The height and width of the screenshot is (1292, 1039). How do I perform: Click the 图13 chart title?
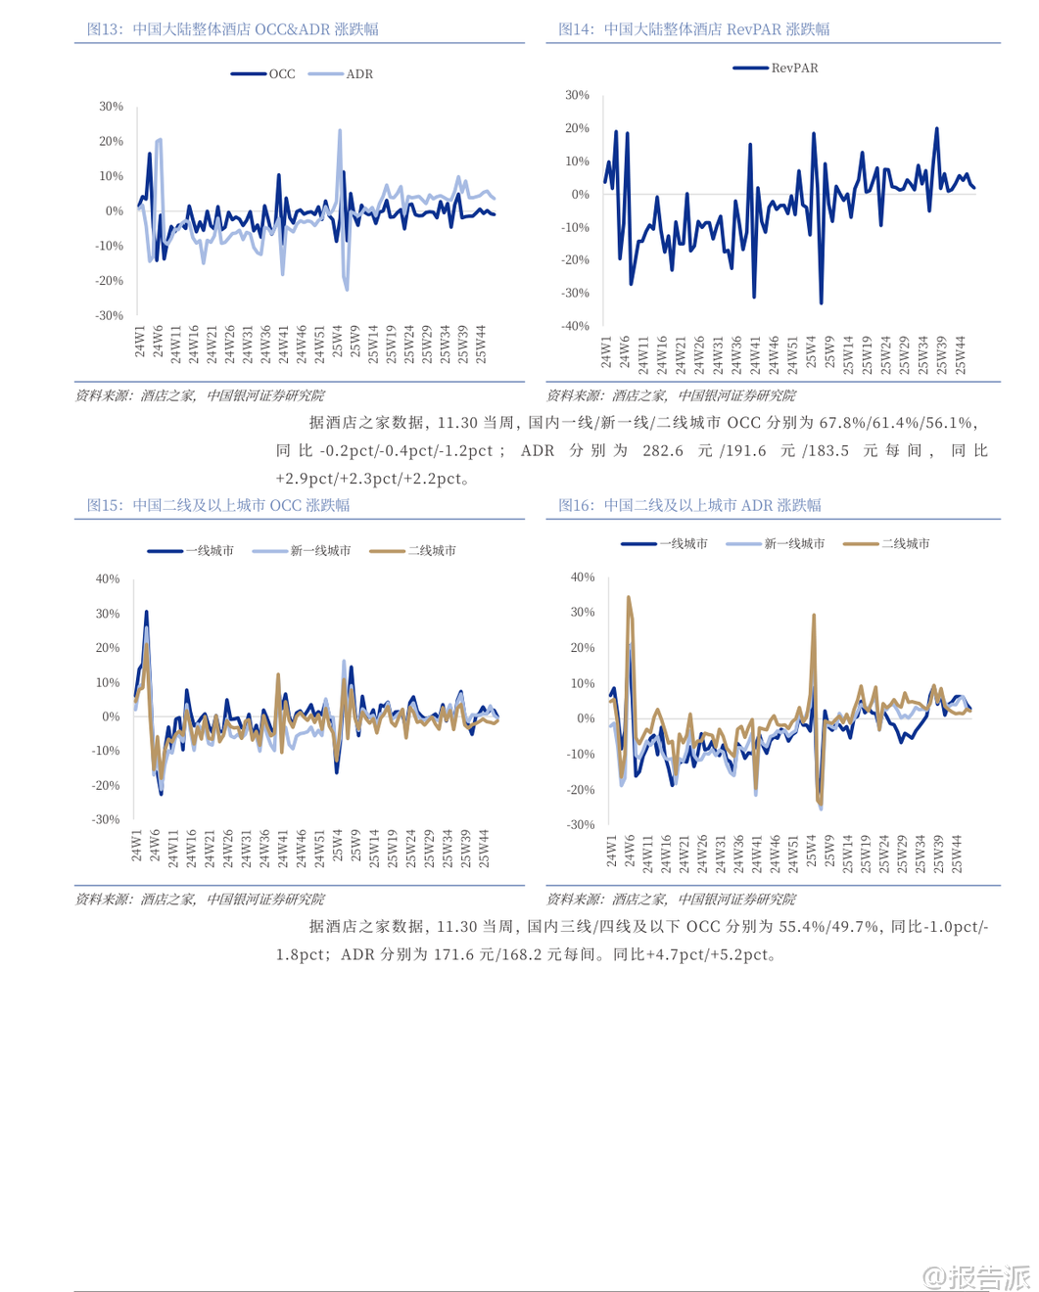[x=233, y=29]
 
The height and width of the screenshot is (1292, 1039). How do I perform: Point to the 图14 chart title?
[x=693, y=29]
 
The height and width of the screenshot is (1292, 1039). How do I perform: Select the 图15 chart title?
[x=218, y=505]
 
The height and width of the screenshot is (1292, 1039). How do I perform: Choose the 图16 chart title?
[x=689, y=505]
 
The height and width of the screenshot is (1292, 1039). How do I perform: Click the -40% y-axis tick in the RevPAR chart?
[x=577, y=326]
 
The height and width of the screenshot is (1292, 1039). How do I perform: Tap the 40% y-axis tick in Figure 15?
[x=108, y=578]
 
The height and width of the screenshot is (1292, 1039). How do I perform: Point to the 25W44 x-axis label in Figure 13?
[x=481, y=346]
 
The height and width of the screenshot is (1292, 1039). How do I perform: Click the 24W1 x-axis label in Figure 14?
[x=606, y=352]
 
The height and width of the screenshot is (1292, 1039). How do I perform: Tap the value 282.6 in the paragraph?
[x=663, y=450]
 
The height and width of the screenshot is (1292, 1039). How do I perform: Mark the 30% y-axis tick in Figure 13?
[x=111, y=107]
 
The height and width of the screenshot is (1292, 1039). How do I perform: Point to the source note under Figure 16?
[x=671, y=899]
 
